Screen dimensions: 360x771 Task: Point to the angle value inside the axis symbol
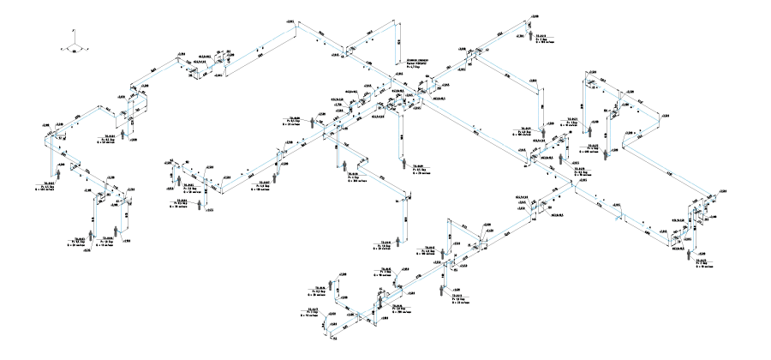[75, 51]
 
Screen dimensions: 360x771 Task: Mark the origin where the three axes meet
[75, 44]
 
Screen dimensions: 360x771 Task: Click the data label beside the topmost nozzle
[540, 38]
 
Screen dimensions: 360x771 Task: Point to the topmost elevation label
[535, 16]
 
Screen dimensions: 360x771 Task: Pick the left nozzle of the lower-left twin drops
[90, 234]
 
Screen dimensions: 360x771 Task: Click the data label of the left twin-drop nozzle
[77, 242]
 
